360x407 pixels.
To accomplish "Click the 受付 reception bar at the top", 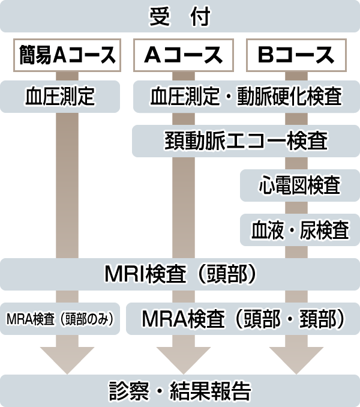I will point(180,17).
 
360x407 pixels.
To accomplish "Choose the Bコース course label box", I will point(296,55).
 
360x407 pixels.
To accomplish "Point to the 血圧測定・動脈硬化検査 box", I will point(246,97).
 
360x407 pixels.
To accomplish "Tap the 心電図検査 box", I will point(299,185).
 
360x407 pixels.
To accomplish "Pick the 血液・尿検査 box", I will point(299,230).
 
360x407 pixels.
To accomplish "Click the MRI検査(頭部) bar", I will point(180,274).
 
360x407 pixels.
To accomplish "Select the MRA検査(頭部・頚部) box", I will point(243,319).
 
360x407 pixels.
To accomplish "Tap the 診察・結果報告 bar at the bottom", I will point(180,390).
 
